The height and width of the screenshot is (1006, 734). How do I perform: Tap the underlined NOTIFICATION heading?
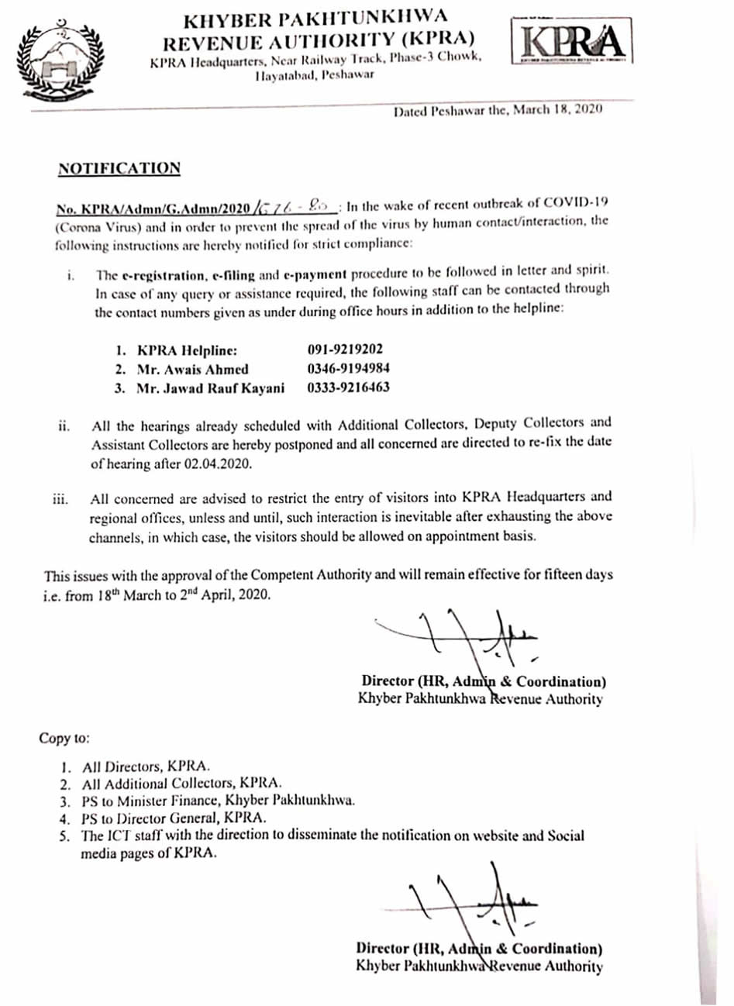pyautogui.click(x=119, y=168)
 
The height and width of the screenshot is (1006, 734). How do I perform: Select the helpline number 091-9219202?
pyautogui.click(x=345, y=350)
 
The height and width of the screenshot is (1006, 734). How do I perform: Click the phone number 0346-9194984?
pyautogui.click(x=348, y=369)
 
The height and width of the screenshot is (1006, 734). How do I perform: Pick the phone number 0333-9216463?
pyautogui.click(x=348, y=388)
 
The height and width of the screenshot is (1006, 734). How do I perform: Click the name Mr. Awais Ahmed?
pyautogui.click(x=192, y=370)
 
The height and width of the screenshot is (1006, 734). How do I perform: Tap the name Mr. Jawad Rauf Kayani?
pyautogui.click(x=209, y=388)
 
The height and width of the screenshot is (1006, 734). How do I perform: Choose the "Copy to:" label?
pyautogui.click(x=65, y=738)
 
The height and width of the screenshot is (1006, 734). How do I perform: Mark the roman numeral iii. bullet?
pyautogui.click(x=60, y=499)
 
